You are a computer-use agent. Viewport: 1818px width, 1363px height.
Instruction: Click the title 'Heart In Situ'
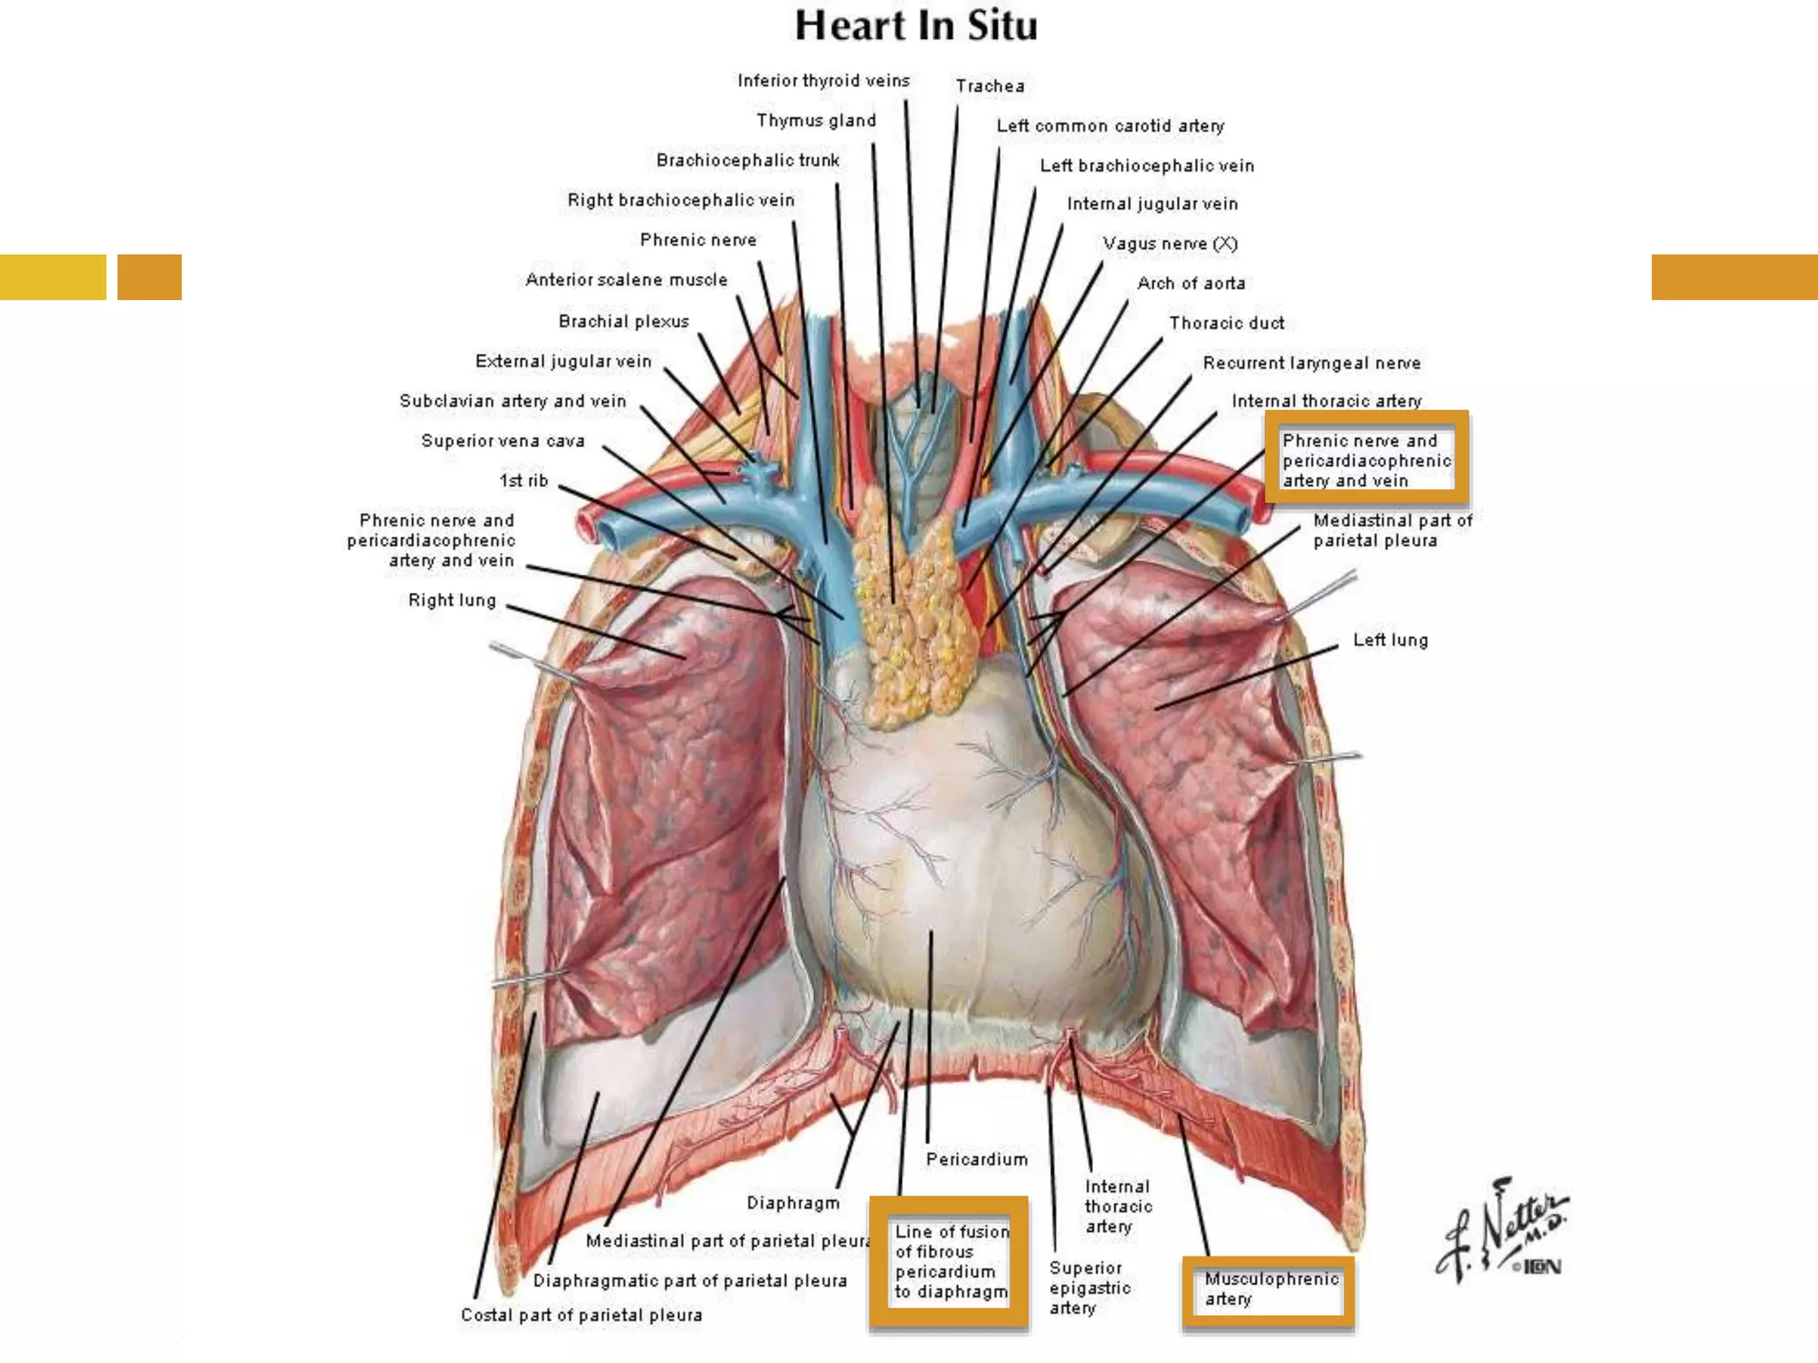point(915,26)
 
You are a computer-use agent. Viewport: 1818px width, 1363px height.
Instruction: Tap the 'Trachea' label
point(990,86)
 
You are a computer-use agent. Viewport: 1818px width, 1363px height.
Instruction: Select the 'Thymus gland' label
point(816,121)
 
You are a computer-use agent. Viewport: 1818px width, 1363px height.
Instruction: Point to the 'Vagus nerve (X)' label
point(1169,243)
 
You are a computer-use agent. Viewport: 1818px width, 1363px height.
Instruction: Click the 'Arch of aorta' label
point(1190,283)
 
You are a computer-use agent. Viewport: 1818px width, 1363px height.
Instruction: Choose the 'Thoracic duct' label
point(1226,323)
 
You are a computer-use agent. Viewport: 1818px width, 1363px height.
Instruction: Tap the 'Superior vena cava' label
point(502,441)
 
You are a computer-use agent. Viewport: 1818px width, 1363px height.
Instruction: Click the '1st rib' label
point(524,481)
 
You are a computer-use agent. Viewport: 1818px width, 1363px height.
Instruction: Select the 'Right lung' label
point(452,601)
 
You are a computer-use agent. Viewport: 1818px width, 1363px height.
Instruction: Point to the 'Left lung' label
point(1390,640)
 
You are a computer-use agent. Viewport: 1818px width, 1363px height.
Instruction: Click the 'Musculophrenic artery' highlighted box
point(1269,1289)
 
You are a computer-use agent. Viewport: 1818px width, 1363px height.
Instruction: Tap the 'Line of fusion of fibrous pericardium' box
point(950,1261)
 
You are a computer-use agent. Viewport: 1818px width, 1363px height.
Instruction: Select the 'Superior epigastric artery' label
point(1089,1288)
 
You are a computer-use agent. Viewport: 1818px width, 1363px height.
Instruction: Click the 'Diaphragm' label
point(793,1203)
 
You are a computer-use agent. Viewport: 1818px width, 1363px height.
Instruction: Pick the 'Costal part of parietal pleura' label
point(581,1315)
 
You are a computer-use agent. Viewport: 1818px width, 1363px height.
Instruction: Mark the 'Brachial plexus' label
point(623,321)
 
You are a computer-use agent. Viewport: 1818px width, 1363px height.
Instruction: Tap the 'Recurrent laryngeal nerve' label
point(1311,363)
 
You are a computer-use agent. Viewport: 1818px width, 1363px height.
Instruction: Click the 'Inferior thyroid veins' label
point(823,81)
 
